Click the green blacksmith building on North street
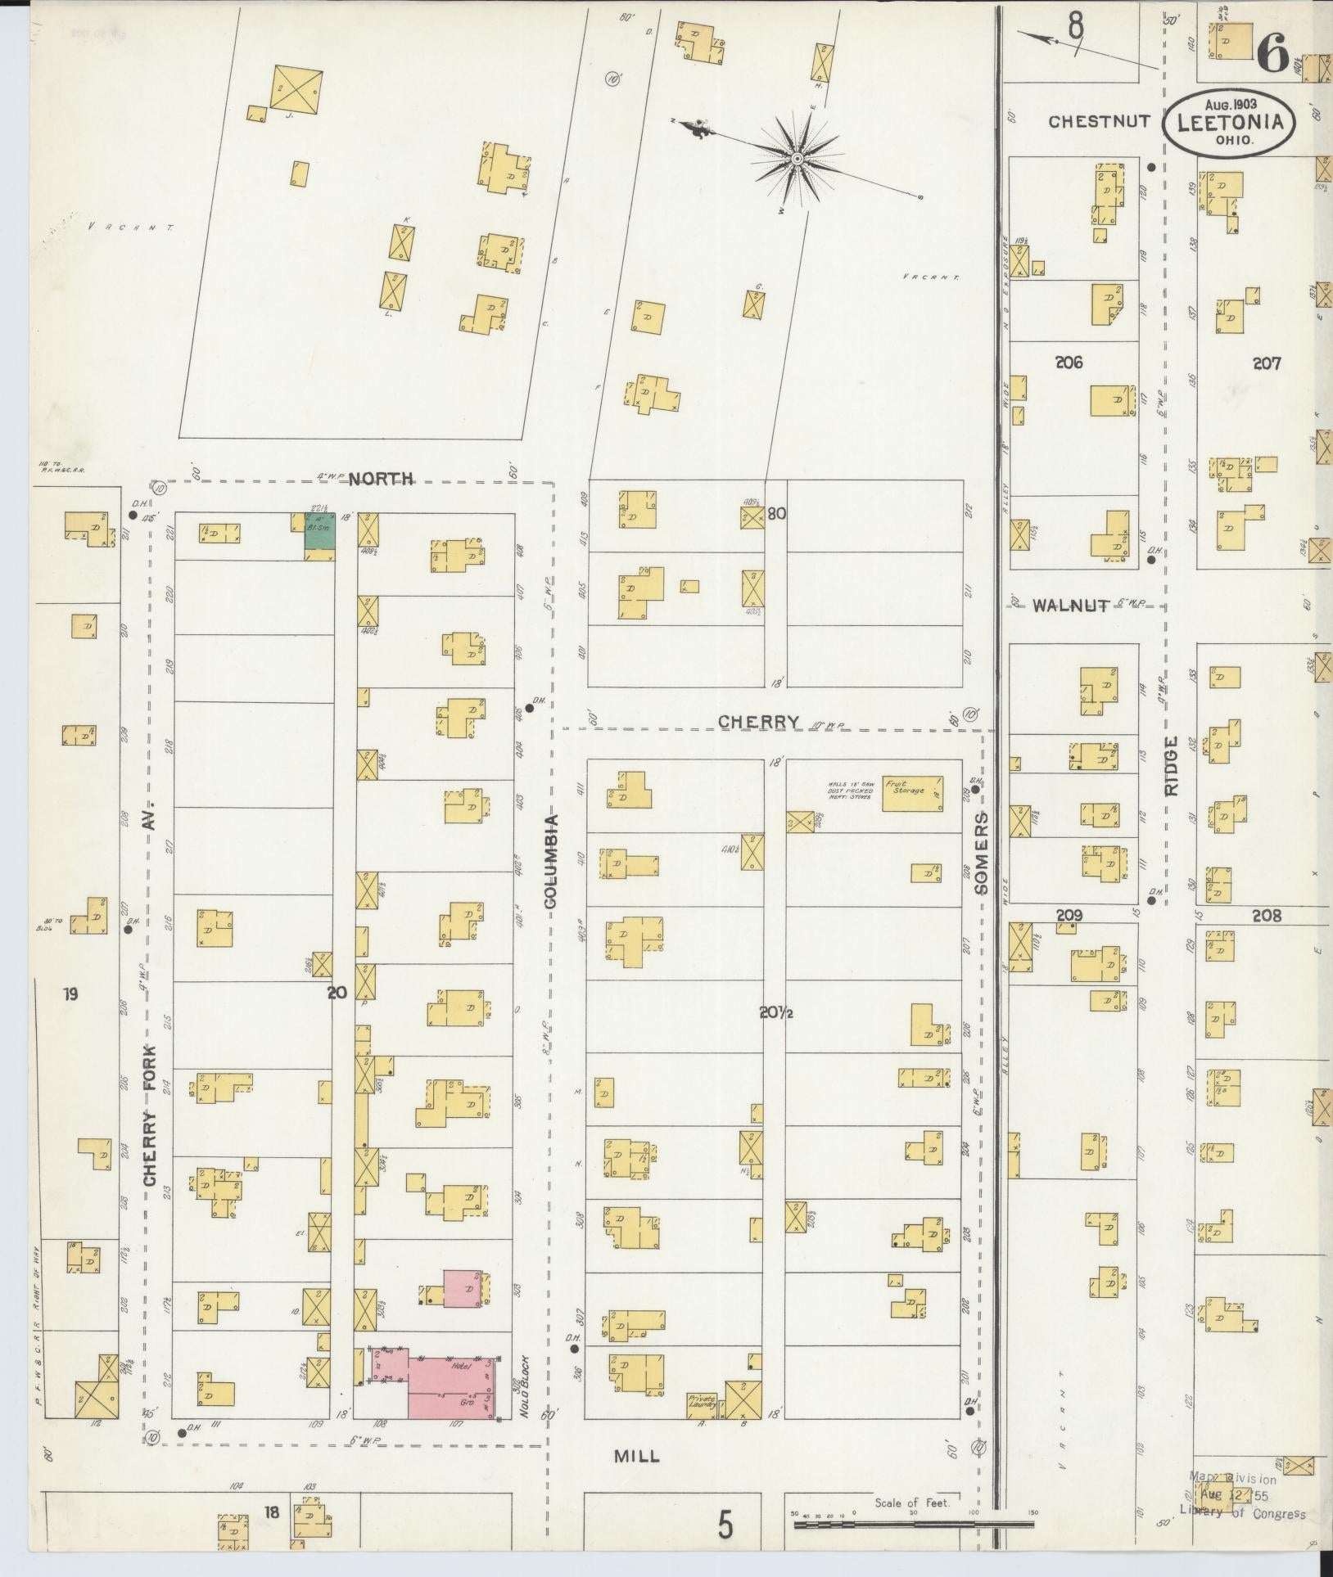[x=321, y=532]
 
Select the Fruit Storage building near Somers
[x=911, y=794]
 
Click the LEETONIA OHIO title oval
[x=1231, y=122]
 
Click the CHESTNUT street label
[x=1100, y=122]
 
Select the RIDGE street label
[x=1171, y=765]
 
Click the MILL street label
[x=636, y=1457]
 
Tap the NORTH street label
[x=382, y=480]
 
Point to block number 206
[x=1068, y=363]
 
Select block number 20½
[x=774, y=1014]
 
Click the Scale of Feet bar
[x=912, y=1524]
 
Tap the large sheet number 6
[x=1274, y=56]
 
